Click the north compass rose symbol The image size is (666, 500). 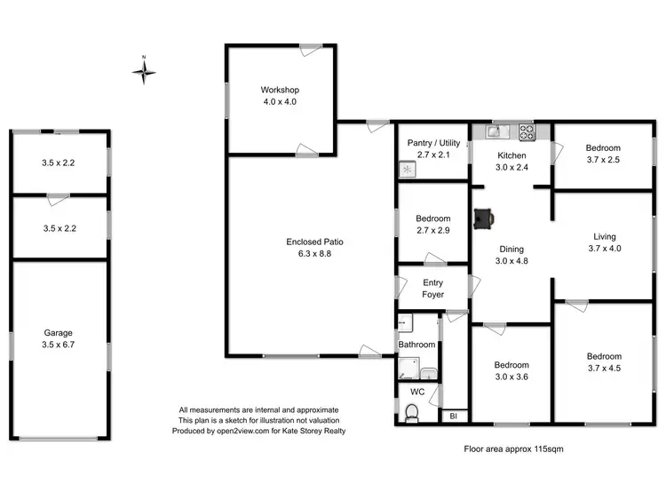coord(144,70)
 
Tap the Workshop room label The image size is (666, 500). coord(280,96)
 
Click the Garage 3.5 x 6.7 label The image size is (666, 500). coord(59,339)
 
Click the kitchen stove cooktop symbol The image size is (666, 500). coord(526,133)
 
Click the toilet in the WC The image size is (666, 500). coord(411,413)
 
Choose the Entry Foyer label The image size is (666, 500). coord(432,290)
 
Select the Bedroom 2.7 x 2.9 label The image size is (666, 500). coord(432,225)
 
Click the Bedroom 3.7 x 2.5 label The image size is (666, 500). coord(603,155)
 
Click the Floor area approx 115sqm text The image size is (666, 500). coord(513,448)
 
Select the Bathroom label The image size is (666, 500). coord(416,345)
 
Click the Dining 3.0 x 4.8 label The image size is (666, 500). coord(511,256)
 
